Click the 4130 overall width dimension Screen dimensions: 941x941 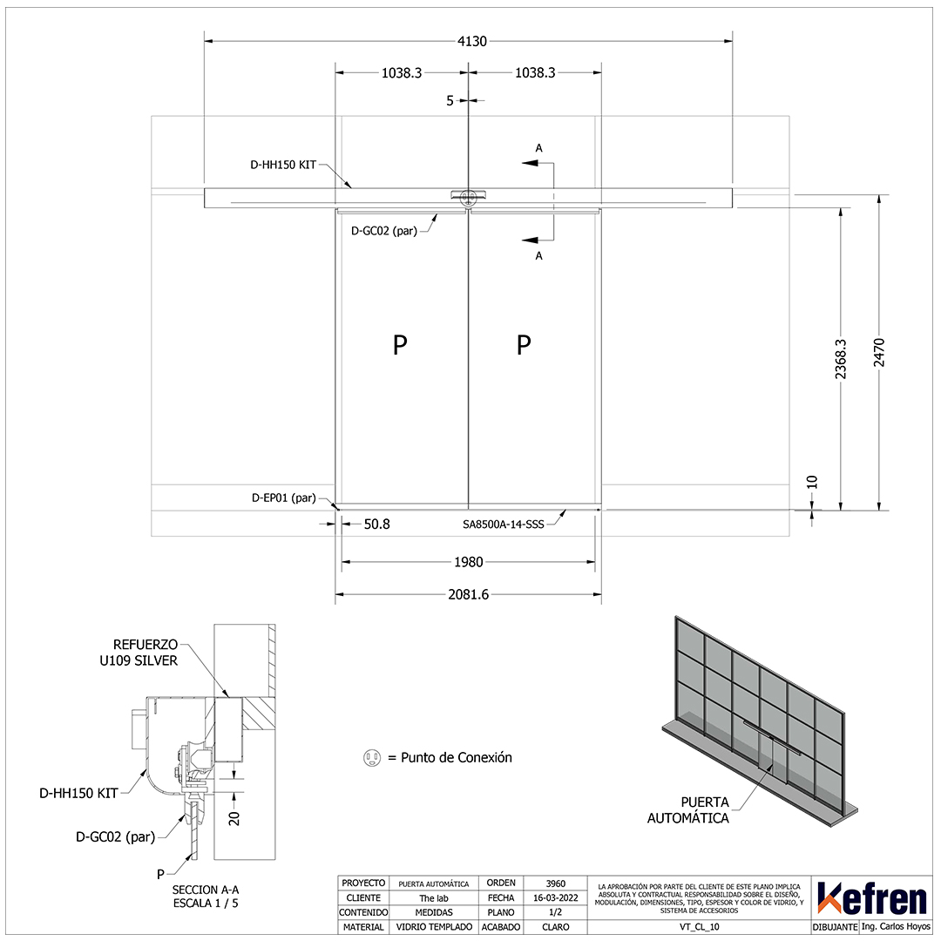(x=472, y=42)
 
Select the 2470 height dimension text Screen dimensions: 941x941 (x=878, y=352)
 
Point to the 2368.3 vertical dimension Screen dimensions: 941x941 (x=840, y=359)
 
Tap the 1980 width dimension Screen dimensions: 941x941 (x=469, y=562)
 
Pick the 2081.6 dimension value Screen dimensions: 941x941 (x=469, y=594)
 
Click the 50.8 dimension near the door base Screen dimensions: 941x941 (x=377, y=524)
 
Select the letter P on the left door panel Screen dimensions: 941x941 (x=400, y=345)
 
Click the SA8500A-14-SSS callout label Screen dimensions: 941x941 (x=504, y=524)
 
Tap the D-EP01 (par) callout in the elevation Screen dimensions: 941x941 (x=284, y=498)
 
